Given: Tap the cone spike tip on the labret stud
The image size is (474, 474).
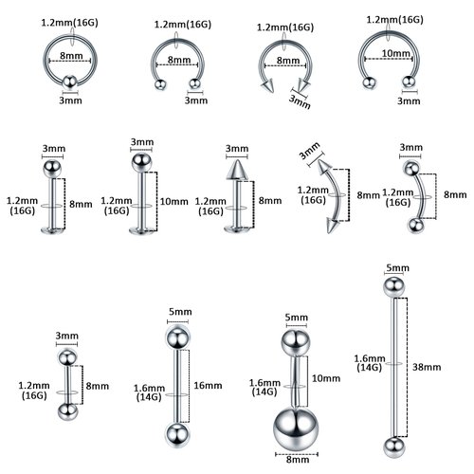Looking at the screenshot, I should [233, 173].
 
